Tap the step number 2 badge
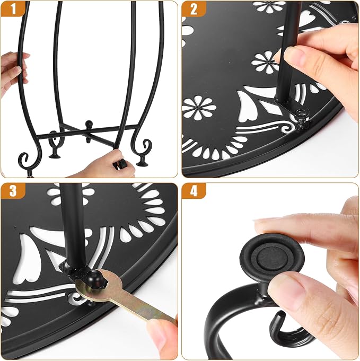[x=193, y=8]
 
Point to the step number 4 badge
[x=193, y=190]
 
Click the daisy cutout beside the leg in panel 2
[x=265, y=62]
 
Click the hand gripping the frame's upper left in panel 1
[x=14, y=72]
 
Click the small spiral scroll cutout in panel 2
[x=288, y=128]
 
